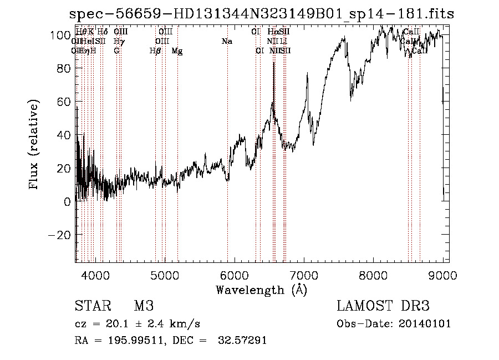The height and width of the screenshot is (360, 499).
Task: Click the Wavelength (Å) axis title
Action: click(261, 290)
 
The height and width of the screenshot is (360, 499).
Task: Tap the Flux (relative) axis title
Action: click(35, 144)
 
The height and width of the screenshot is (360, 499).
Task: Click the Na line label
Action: click(227, 42)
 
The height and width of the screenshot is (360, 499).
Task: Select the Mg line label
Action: click(177, 51)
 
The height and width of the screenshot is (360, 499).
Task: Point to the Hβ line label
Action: click(155, 51)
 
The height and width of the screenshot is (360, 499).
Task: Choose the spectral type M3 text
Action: click(144, 306)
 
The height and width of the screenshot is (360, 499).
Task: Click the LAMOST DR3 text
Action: click(383, 306)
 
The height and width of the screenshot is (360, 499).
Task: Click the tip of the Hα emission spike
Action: click(274, 62)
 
